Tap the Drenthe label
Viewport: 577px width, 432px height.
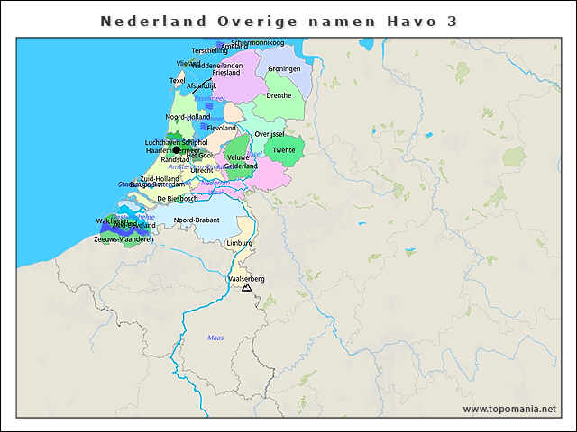(x=279, y=95)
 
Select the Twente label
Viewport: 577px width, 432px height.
(x=284, y=150)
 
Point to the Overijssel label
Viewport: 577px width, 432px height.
(x=270, y=133)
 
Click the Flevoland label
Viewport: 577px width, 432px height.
(x=222, y=128)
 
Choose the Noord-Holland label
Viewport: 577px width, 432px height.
(x=188, y=117)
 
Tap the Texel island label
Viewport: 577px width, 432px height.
(x=178, y=80)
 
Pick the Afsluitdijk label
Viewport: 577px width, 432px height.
(x=201, y=85)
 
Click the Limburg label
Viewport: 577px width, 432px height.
(x=240, y=243)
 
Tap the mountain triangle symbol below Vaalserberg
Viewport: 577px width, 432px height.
(x=246, y=288)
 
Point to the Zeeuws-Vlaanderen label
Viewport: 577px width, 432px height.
(x=124, y=239)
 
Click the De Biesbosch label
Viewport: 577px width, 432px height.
(x=177, y=198)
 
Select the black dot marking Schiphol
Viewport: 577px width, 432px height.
(x=178, y=149)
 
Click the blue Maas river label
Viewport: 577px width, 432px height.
(x=215, y=337)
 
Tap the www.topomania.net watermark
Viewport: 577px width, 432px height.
(x=509, y=409)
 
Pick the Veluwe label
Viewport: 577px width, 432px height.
(x=237, y=157)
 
